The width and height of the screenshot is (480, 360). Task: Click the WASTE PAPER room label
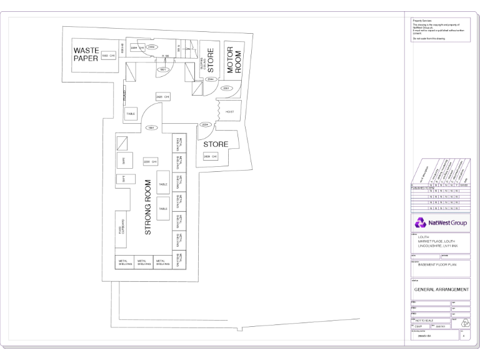pos(86,54)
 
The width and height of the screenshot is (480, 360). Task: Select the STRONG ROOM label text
pos(148,207)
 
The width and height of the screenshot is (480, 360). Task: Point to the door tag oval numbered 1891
pos(152,127)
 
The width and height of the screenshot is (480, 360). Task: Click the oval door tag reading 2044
pos(212,79)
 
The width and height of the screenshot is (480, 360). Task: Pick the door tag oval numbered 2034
pos(204,124)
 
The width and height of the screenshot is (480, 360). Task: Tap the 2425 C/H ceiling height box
pos(163,97)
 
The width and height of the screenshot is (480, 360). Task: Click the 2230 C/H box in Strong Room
pos(151,161)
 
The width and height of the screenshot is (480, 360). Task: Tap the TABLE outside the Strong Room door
pos(131,114)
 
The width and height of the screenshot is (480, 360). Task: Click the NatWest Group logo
pos(440,222)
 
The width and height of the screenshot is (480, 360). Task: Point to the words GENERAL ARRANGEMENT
pos(441,290)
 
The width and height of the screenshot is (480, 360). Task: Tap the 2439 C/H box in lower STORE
pos(211,156)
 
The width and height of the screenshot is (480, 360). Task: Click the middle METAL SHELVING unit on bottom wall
pos(143,263)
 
